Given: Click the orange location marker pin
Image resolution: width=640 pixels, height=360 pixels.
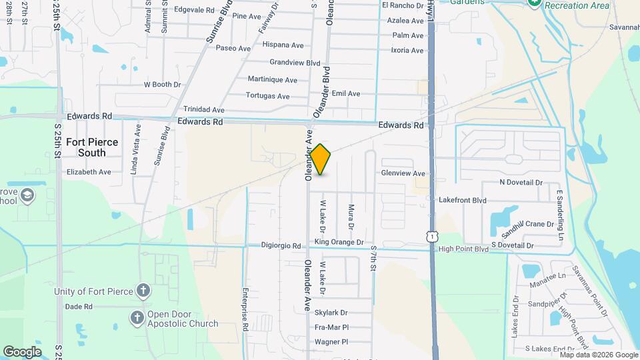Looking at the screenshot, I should pyautogui.click(x=321, y=159).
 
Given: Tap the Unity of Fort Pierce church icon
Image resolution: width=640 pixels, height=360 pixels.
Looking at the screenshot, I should pyautogui.click(x=142, y=291).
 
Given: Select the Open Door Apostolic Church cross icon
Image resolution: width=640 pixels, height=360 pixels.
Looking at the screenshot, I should pyautogui.click(x=137, y=318).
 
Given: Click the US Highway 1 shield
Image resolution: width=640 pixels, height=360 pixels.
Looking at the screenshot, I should pyautogui.click(x=433, y=237).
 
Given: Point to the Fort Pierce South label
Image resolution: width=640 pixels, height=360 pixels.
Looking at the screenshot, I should pyautogui.click(x=91, y=147).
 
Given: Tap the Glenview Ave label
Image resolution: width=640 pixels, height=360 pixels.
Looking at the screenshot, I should pyautogui.click(x=403, y=173).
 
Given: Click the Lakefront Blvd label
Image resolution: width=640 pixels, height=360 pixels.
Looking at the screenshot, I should pyautogui.click(x=462, y=200).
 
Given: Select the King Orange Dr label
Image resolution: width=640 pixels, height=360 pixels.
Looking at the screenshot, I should pyautogui.click(x=339, y=242).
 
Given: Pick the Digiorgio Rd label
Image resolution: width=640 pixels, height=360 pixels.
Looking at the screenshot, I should pyautogui.click(x=281, y=245).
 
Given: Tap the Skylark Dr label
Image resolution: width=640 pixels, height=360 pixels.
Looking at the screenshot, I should pyautogui.click(x=331, y=313).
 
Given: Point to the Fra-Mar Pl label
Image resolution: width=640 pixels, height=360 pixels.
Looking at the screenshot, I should pyautogui.click(x=332, y=327).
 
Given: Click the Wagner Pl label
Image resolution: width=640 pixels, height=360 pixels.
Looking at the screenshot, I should pyautogui.click(x=331, y=341).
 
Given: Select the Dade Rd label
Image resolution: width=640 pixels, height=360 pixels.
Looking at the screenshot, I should pyautogui.click(x=78, y=307).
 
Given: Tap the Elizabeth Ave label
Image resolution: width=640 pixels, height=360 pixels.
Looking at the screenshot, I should pyautogui.click(x=89, y=171).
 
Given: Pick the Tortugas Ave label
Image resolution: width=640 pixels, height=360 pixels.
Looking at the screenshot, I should pyautogui.click(x=267, y=96).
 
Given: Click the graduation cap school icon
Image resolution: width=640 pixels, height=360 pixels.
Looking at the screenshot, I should pyautogui.click(x=28, y=195).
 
